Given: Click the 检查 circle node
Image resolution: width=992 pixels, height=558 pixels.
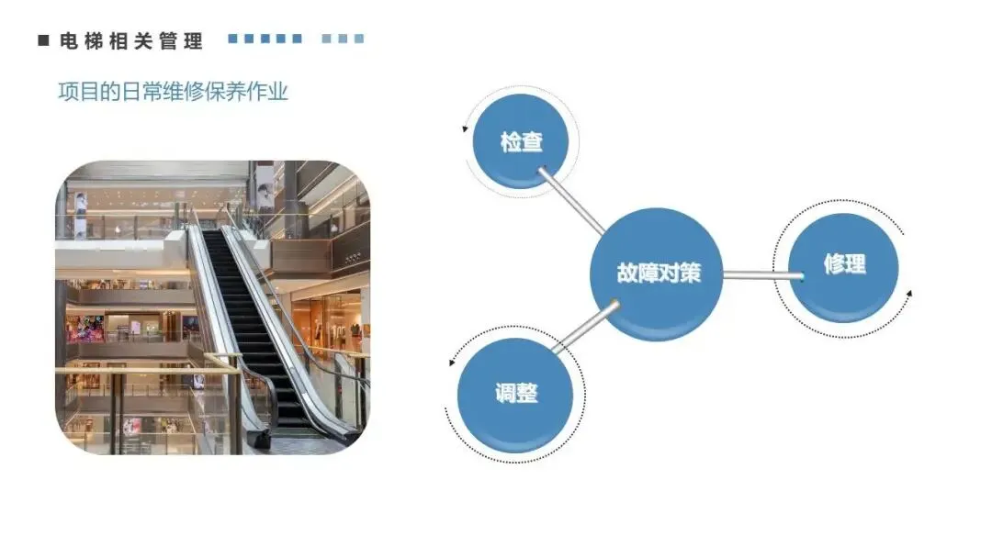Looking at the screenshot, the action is click(521, 143).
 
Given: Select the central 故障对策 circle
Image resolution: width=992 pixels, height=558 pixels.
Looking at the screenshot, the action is click(657, 273).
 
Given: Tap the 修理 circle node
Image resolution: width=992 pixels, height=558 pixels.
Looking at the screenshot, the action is click(843, 266).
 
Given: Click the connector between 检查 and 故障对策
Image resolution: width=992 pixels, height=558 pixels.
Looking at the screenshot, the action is click(571, 200).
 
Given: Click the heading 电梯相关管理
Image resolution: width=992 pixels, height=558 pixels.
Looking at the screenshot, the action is click(130, 40).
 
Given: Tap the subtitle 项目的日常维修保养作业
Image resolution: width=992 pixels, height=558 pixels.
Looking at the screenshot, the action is click(173, 92).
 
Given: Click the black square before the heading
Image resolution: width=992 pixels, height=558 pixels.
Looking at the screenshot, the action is click(43, 40).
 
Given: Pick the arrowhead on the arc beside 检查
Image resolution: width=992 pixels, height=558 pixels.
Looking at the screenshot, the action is click(466, 128).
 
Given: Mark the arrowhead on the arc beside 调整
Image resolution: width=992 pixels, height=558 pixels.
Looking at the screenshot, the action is click(452, 363).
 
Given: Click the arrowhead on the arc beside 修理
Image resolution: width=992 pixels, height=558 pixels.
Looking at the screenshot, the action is click(909, 296).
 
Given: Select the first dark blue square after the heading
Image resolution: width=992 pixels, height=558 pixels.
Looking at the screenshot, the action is click(233, 39).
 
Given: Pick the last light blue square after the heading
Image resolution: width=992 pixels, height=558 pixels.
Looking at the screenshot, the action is click(359, 39).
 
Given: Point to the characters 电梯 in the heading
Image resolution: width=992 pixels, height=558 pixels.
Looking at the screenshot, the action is click(77, 40).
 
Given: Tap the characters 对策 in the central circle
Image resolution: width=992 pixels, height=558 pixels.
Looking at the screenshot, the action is click(680, 273).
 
